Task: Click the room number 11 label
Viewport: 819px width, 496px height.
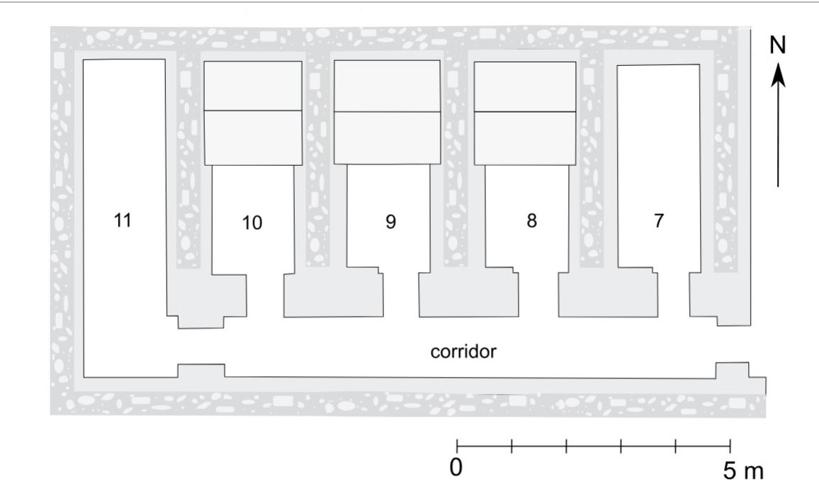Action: (x=123, y=220)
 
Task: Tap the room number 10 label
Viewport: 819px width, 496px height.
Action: (x=252, y=222)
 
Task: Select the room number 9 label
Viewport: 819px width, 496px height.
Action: (x=390, y=221)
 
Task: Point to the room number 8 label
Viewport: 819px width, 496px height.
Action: (x=531, y=220)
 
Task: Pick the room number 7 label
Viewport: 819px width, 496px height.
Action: (x=659, y=221)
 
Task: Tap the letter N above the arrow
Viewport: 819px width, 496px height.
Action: (x=778, y=45)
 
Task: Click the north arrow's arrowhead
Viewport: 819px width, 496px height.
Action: (x=778, y=74)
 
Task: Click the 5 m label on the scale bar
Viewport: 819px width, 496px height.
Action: (x=740, y=470)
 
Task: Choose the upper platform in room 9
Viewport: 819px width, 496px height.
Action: (x=387, y=86)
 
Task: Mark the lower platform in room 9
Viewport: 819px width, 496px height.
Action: (x=387, y=137)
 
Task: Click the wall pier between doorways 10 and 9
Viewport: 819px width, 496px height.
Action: (x=333, y=296)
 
